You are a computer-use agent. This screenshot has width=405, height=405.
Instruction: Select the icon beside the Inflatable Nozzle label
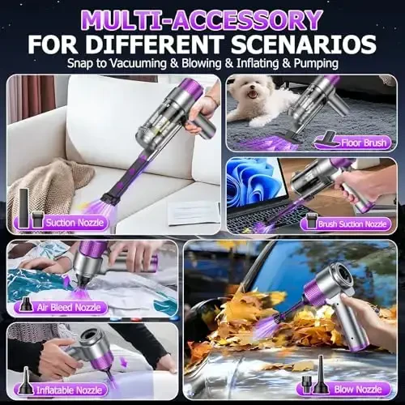click(23, 385)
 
